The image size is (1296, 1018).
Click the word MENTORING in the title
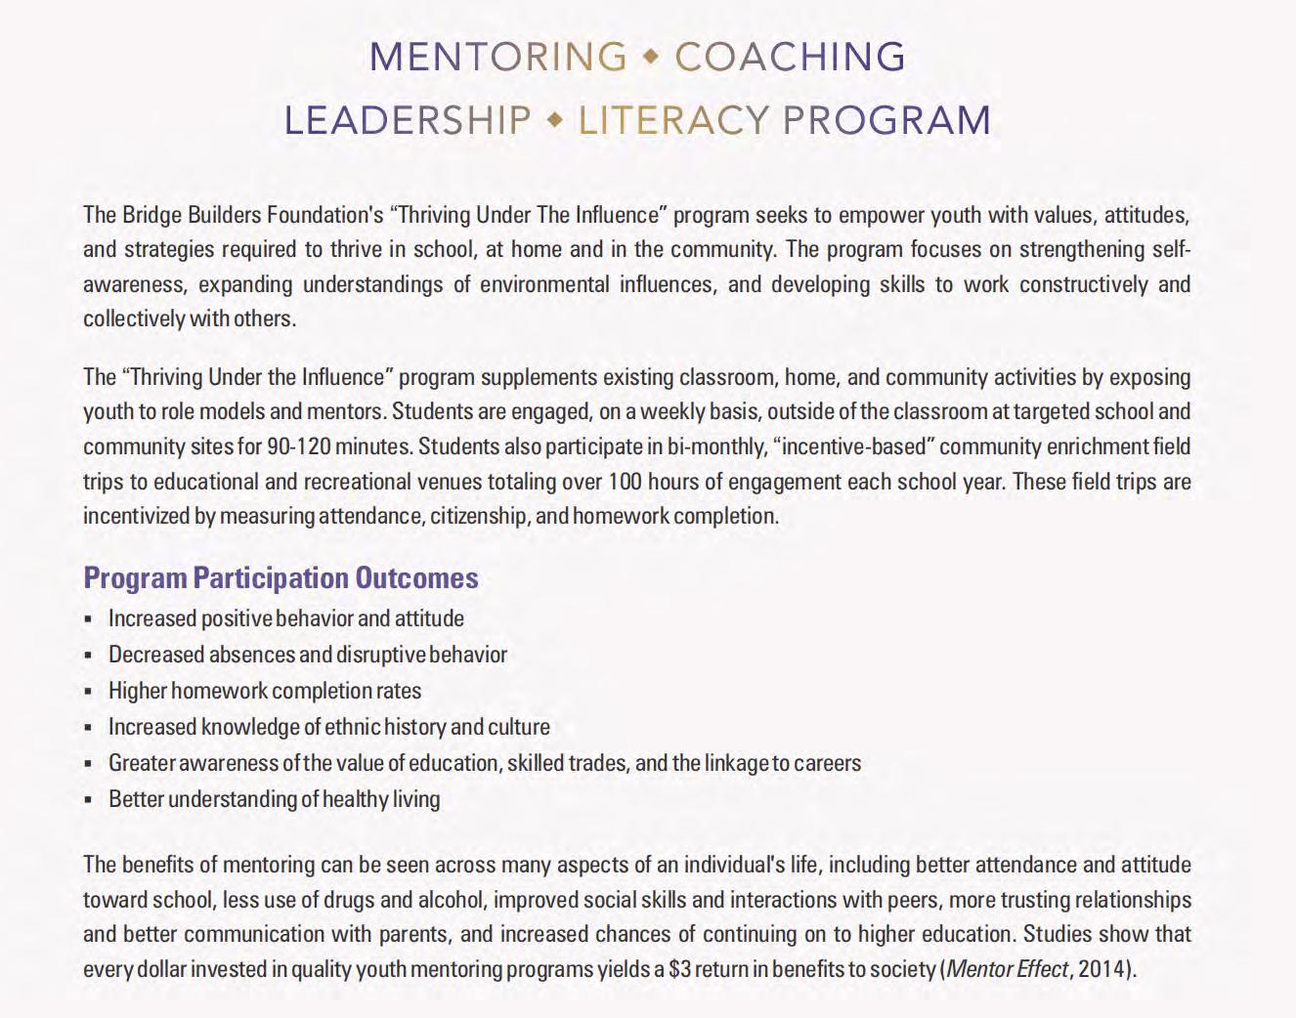(x=497, y=57)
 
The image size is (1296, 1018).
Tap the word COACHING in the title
(x=790, y=57)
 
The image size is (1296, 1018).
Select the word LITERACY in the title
(x=673, y=120)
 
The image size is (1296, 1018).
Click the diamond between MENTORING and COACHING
(x=651, y=58)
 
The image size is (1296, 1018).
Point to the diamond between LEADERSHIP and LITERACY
(x=555, y=120)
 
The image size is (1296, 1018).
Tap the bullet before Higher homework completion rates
(x=88, y=692)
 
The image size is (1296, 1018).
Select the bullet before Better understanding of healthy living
(x=88, y=800)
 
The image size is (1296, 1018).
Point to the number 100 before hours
(x=625, y=482)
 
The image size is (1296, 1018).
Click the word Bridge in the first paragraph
(x=153, y=214)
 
